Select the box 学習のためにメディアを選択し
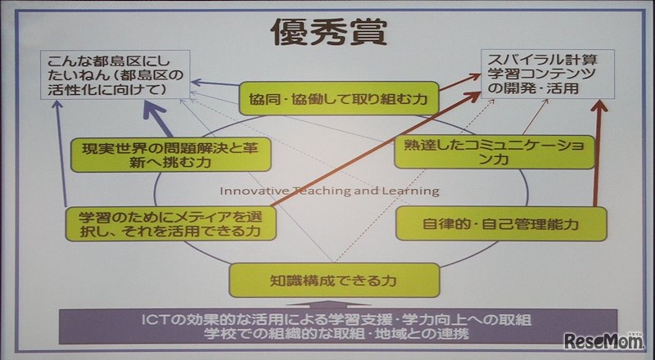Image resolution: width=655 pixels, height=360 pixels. pyautogui.click(x=157, y=222)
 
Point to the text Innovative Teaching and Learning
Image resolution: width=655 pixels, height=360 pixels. pyautogui.click(x=328, y=191)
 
